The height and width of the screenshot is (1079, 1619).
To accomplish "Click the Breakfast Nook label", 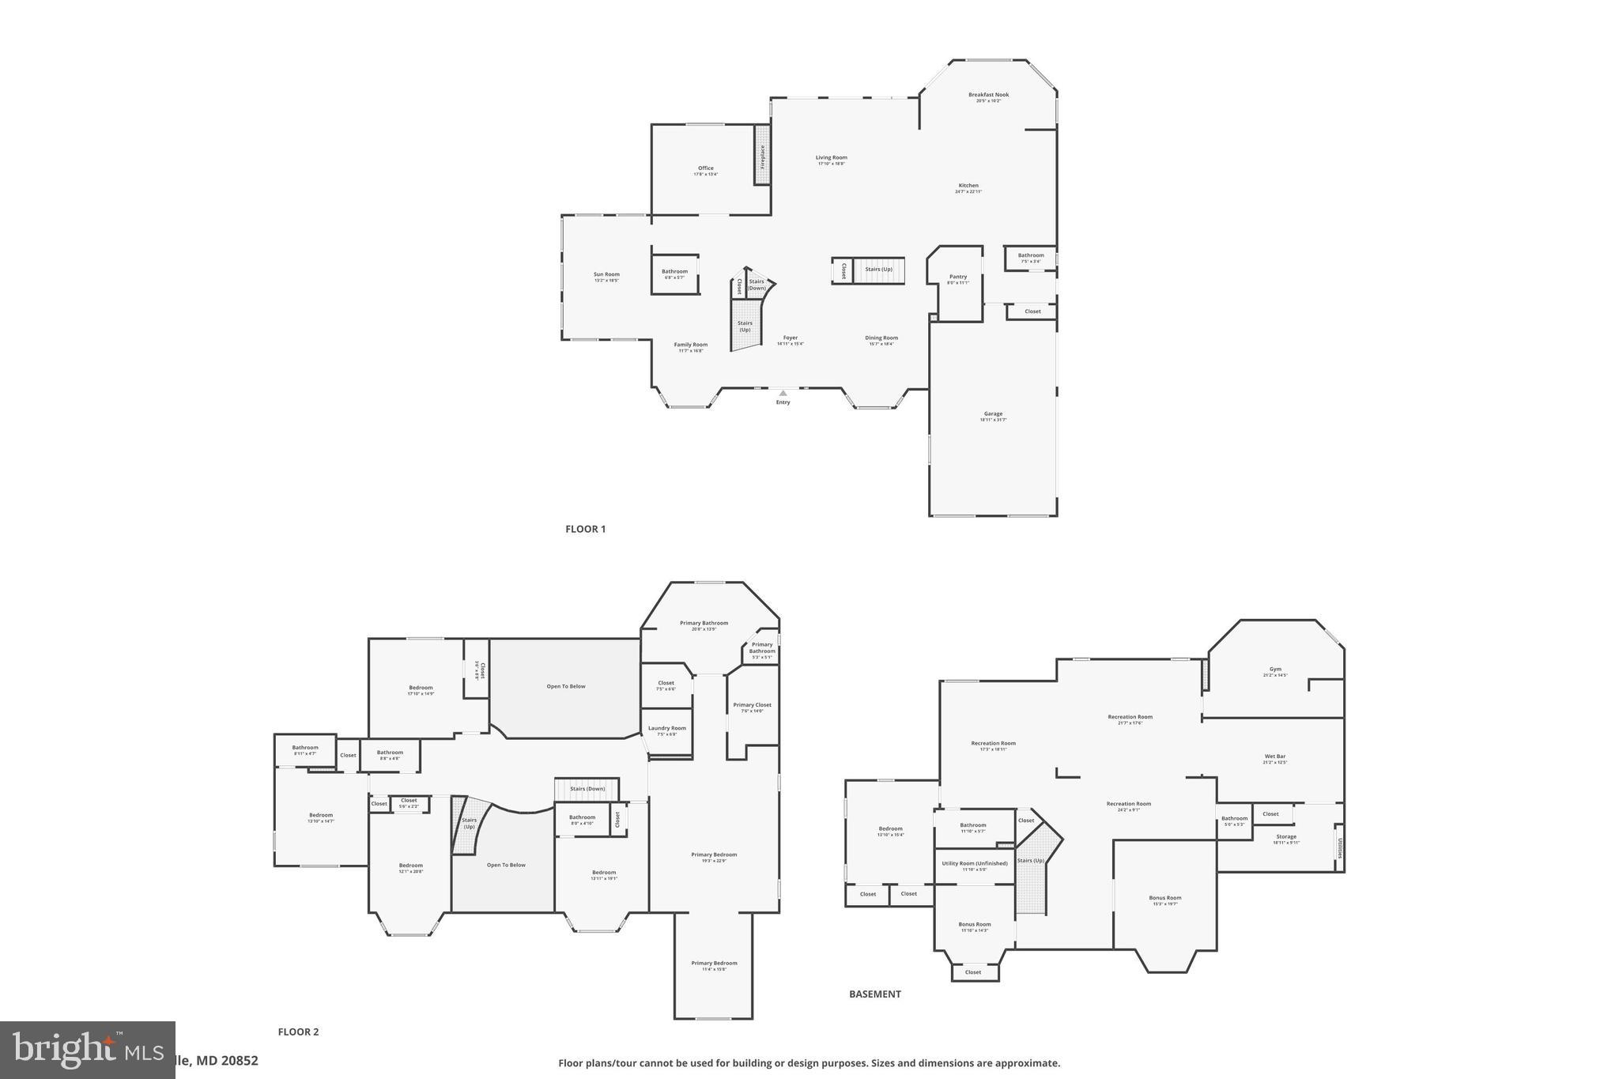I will (x=988, y=95).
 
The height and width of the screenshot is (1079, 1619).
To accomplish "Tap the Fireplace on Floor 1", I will (x=762, y=156).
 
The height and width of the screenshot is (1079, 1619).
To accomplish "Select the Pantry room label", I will (x=957, y=277).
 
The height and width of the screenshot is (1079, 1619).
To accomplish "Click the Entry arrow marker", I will (x=783, y=393).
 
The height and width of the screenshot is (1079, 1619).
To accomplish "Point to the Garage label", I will (x=993, y=414).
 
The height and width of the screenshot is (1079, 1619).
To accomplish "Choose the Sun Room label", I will (x=606, y=275).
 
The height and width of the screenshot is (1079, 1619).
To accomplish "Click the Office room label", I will (x=705, y=168).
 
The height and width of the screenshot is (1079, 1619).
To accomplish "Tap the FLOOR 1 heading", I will (x=585, y=529).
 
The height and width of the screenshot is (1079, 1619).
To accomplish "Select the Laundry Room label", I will (x=666, y=729).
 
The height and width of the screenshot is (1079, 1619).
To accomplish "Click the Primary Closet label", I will (x=752, y=705).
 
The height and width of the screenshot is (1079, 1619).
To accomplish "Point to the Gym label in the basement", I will (x=1275, y=670).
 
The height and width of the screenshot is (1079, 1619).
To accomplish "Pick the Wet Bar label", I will (x=1275, y=756).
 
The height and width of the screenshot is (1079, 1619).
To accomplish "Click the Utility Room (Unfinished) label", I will (x=974, y=863).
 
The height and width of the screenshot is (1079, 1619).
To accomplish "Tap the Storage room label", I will (x=1285, y=836).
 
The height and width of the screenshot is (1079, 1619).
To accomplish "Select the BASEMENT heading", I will (x=874, y=994).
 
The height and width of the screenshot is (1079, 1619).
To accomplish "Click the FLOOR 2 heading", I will (x=298, y=1032).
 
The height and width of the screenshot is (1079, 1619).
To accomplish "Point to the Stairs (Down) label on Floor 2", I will (x=587, y=788).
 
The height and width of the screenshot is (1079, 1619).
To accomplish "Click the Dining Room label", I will (x=881, y=338).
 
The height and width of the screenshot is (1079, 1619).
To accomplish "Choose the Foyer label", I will (x=790, y=338).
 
